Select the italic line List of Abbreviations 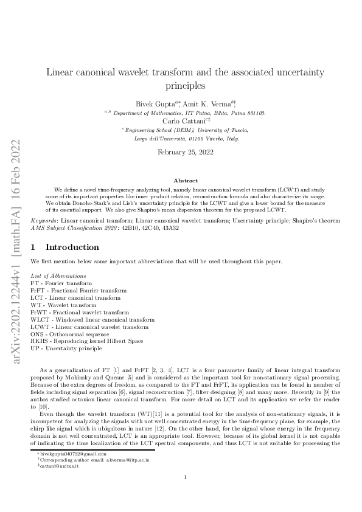click(x=58, y=276)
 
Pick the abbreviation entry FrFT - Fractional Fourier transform click(x=75, y=290)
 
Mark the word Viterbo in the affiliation click(x=210, y=138)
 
